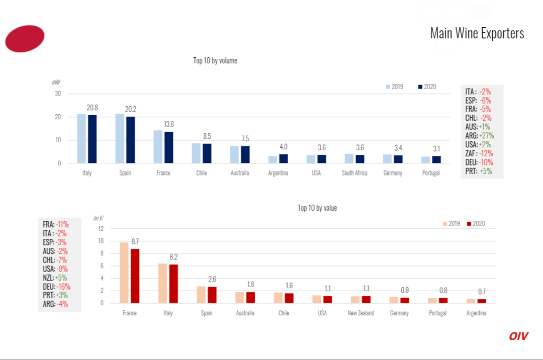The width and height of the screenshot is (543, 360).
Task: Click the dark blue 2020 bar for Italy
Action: tap(93, 139)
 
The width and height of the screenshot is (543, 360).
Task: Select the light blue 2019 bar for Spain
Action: tap(120, 138)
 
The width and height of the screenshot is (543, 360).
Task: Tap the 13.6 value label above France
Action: tap(168, 124)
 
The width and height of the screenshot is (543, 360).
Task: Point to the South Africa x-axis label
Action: tap(354, 173)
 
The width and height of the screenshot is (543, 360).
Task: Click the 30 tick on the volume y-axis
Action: tap(58, 94)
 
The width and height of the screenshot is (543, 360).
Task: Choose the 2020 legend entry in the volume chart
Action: tap(427, 86)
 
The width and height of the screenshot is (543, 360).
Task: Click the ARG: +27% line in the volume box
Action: tap(480, 136)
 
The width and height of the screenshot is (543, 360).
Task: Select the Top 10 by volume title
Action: tap(215, 60)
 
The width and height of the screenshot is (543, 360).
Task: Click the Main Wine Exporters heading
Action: tap(477, 33)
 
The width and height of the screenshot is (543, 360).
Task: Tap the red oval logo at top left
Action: tap(25, 39)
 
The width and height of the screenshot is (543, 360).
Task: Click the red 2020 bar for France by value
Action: tap(135, 276)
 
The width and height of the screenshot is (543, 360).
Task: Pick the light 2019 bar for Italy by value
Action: tap(163, 283)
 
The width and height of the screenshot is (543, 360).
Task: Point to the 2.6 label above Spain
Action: tap(212, 279)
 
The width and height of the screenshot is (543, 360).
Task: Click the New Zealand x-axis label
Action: tap(361, 313)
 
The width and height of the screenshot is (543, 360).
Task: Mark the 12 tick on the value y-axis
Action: tap(101, 228)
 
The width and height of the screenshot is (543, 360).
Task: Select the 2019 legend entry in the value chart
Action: tap(451, 224)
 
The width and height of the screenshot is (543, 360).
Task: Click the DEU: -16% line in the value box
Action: tap(56, 287)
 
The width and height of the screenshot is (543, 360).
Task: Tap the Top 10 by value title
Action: tap(317, 208)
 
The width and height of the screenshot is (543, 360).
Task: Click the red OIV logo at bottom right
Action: tap(518, 336)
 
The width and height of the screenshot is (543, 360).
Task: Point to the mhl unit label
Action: tap(56, 82)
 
